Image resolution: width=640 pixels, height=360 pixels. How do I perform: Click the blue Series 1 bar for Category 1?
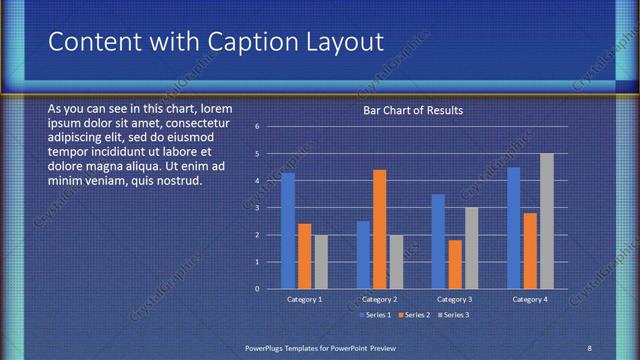(288, 231)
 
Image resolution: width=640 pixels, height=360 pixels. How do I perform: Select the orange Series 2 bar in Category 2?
(379, 229)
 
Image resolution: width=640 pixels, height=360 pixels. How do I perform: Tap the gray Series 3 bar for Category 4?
(546, 221)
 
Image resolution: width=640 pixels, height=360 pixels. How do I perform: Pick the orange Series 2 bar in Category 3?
(455, 264)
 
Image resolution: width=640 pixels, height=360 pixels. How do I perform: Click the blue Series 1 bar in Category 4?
(514, 228)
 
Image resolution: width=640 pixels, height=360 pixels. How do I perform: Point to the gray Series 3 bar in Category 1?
(321, 262)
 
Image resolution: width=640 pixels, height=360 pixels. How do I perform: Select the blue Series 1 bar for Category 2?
(363, 255)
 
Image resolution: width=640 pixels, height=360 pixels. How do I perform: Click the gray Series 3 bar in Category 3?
(471, 248)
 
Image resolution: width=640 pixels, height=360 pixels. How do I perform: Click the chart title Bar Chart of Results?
(412, 111)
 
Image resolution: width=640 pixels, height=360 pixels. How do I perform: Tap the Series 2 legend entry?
(413, 315)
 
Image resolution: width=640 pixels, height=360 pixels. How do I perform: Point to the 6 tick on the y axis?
(257, 127)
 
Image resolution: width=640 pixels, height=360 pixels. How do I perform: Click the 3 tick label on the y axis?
(257, 208)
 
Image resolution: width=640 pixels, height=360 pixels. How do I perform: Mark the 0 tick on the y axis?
(257, 289)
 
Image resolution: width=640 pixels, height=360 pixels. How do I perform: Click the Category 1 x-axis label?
(304, 300)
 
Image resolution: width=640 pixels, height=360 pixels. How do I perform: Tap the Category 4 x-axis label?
(530, 300)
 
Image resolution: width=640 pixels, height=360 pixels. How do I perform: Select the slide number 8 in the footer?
(589, 347)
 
